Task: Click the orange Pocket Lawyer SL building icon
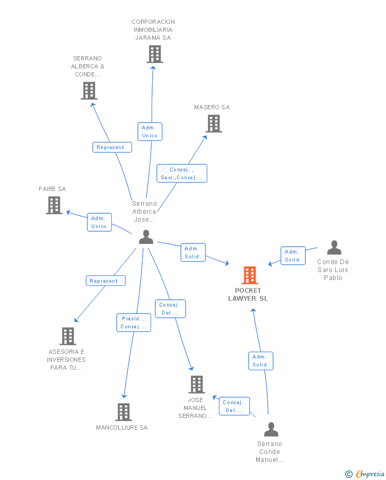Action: click(250, 275)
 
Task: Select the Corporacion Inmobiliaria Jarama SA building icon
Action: click(154, 54)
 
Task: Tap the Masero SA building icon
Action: click(213, 124)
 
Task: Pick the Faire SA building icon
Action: click(54, 205)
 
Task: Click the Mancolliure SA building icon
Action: click(123, 412)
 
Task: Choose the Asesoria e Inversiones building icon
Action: click(68, 336)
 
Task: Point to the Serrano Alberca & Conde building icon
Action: click(89, 91)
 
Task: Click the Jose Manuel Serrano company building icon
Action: click(196, 385)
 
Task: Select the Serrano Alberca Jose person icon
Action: click(146, 237)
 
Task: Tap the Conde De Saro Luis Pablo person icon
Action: click(334, 248)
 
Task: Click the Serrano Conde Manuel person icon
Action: click(271, 429)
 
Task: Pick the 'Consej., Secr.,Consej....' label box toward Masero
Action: click(182, 173)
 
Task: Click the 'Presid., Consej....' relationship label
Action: click(134, 322)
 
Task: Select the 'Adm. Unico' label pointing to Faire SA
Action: click(99, 222)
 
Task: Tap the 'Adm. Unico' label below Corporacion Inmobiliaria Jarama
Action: click(150, 132)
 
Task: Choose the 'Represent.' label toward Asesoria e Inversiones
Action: click(106, 281)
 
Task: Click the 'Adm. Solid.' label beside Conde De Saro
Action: click(293, 256)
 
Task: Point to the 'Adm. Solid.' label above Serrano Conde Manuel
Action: click(260, 361)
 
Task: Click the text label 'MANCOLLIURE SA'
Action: click(121, 427)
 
